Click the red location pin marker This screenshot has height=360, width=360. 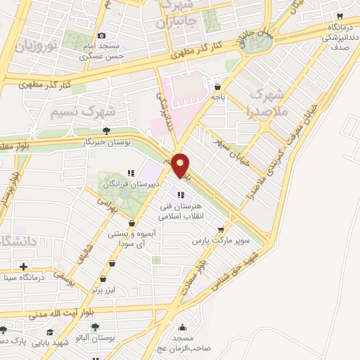(181, 165)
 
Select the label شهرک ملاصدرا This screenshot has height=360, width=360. (267, 101)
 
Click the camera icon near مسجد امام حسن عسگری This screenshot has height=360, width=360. (102, 36)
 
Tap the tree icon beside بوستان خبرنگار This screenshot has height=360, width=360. (106, 130)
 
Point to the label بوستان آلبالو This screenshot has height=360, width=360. (95, 338)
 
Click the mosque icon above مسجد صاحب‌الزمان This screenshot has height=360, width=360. (184, 327)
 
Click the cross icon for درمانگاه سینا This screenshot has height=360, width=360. (24, 266)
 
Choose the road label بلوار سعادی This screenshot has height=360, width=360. (212, 271)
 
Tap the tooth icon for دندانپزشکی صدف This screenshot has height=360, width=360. (338, 15)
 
